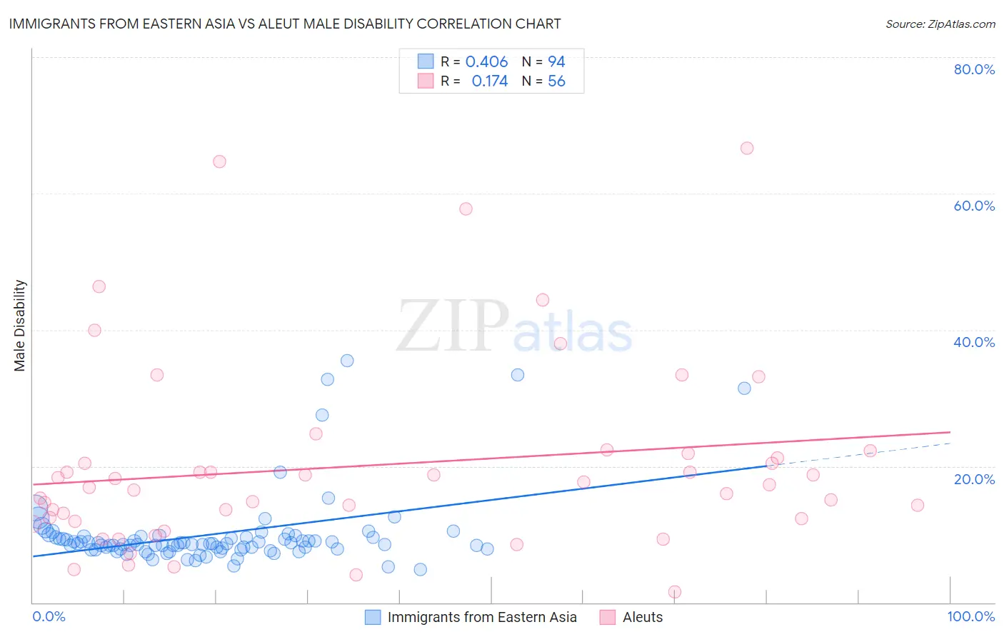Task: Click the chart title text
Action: tap(284, 24)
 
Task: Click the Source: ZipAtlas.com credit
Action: tap(940, 24)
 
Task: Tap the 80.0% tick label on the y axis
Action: tap(974, 69)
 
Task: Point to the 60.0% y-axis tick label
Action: tap(974, 206)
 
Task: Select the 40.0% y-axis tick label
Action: tap(974, 342)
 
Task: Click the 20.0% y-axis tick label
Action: tap(974, 478)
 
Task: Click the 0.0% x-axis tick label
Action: tap(49, 616)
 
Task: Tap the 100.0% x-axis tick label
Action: tap(970, 616)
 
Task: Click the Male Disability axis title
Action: tap(20, 325)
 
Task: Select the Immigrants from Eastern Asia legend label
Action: tap(482, 617)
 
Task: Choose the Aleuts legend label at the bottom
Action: tap(643, 617)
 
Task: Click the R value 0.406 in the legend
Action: tap(486, 62)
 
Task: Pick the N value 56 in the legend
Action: tap(556, 81)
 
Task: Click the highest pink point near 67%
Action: tap(747, 149)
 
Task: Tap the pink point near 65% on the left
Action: tap(219, 161)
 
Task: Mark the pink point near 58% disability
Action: tap(466, 209)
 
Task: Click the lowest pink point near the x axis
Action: tap(675, 592)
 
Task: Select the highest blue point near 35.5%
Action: tap(347, 361)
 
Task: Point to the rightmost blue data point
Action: tap(744, 388)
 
